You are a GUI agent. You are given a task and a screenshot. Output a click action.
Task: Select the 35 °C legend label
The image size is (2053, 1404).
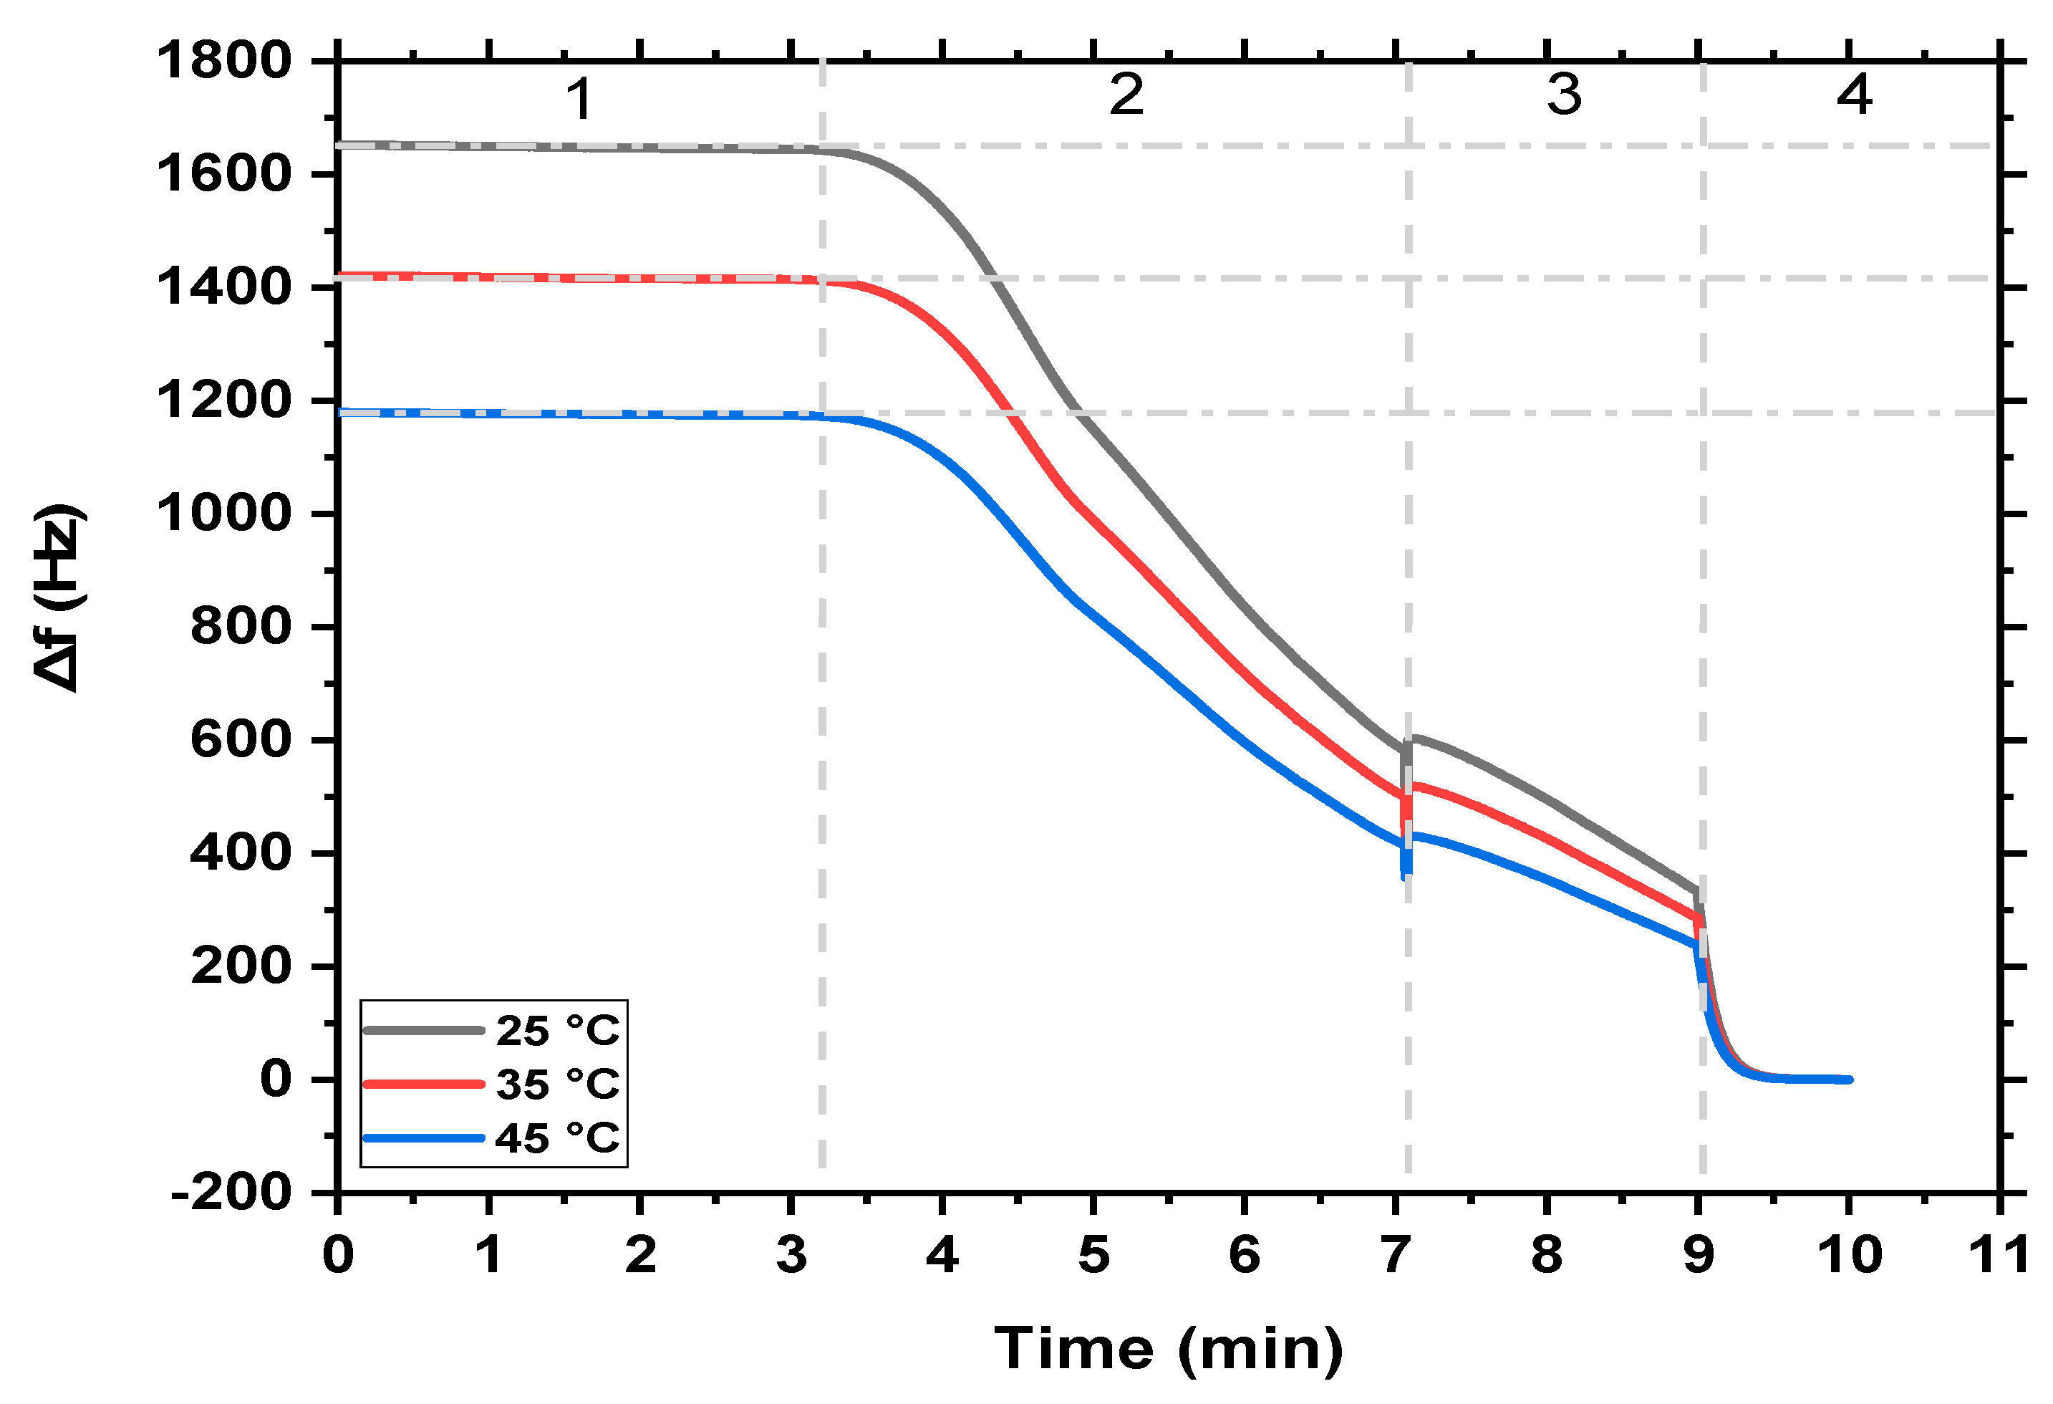coord(556,1084)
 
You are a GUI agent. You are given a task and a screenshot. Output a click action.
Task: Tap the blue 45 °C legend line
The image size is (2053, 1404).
coord(424,1138)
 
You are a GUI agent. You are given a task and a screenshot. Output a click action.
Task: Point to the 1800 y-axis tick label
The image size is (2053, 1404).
coord(223,61)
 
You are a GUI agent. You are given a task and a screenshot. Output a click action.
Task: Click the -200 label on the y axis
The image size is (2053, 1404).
coord(231,1193)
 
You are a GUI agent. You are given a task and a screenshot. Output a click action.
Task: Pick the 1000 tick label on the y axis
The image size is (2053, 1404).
coord(223,514)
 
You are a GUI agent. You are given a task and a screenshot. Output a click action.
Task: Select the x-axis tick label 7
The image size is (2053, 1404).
coord(1396,1255)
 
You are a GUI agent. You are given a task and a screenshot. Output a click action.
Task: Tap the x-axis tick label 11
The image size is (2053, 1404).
coord(1999,1255)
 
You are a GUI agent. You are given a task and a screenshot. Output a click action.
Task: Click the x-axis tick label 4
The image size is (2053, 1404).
coord(942,1255)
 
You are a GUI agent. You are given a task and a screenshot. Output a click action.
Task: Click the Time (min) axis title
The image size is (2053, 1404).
coord(1168,1350)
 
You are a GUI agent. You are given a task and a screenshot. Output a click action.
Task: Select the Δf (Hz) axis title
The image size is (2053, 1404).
coord(60,599)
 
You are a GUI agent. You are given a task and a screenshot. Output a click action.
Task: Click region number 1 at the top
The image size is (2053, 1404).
coord(579,99)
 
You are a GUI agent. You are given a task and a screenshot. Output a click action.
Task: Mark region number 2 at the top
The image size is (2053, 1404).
coord(1126,95)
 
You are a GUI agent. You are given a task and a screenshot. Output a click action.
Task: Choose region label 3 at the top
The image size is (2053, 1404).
coord(1564,95)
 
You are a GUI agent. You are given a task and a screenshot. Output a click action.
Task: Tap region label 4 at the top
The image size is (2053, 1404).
coord(1854,95)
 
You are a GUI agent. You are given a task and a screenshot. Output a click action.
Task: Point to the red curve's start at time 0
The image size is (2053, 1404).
coord(340,276)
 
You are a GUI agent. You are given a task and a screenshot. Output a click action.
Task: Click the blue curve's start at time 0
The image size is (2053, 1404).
coord(340,413)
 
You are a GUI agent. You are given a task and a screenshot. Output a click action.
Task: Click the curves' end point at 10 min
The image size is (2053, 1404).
coord(1848,1080)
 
